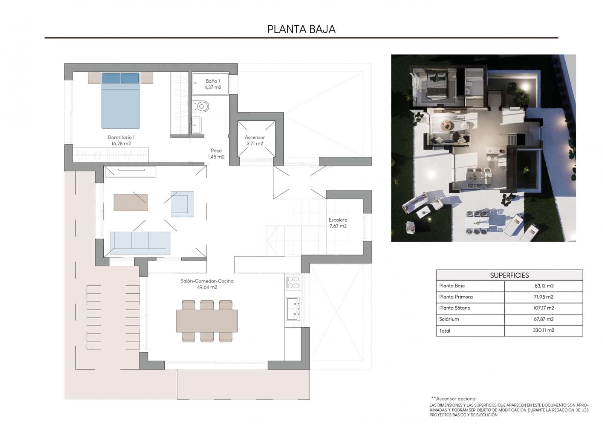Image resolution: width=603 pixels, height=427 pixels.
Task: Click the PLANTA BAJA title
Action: [301, 29]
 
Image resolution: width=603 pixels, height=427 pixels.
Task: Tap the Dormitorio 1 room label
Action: [121, 140]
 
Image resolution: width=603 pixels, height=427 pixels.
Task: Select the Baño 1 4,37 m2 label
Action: [213, 84]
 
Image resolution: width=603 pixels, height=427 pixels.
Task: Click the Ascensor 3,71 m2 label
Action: [255, 140]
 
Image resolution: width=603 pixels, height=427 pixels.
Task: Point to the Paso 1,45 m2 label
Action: [216, 153]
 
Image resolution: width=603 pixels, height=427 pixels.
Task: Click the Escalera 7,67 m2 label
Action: [338, 223]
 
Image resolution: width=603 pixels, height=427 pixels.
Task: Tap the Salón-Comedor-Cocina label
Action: [207, 284]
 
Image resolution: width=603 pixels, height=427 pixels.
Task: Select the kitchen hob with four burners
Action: [293, 282]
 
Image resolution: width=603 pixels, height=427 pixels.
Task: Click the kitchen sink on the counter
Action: [292, 308]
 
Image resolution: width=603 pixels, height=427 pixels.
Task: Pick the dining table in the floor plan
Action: [207, 321]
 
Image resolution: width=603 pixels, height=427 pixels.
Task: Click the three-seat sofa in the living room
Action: [140, 242]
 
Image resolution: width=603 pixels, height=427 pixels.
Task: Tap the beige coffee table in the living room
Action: [130, 202]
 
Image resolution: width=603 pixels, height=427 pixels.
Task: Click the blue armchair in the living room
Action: [182, 204]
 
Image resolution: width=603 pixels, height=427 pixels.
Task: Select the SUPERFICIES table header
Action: [509, 275]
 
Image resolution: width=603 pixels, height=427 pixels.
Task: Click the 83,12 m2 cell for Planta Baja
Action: [543, 286]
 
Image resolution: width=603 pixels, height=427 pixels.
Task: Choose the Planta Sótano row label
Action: [455, 308]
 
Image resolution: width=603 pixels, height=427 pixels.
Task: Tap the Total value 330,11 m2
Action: [543, 330]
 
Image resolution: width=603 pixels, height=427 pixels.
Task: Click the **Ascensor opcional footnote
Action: [454, 398]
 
